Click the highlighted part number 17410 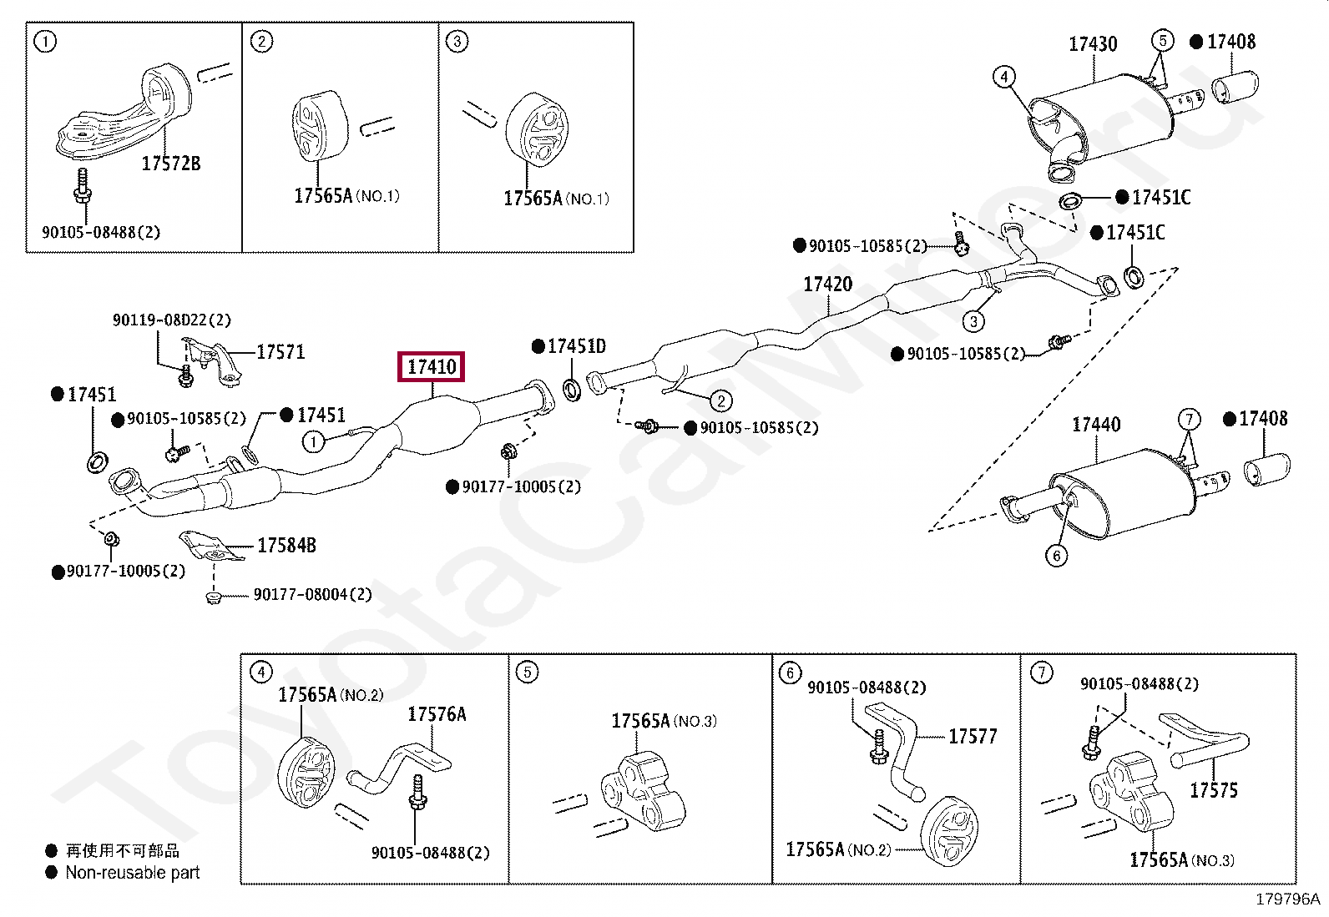432,367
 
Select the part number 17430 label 1093,44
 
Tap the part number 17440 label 1095,425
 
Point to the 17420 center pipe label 827,285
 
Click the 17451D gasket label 576,346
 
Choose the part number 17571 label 280,352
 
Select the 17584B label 286,546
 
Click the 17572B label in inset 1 171,164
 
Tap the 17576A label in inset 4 437,714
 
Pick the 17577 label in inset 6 973,737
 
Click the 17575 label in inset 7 1213,790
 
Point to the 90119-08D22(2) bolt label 172,320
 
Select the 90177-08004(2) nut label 312,595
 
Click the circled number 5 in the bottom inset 527,673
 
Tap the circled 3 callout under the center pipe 973,320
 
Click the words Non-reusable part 133,873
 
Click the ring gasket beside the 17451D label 573,388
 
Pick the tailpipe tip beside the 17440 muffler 1266,469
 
